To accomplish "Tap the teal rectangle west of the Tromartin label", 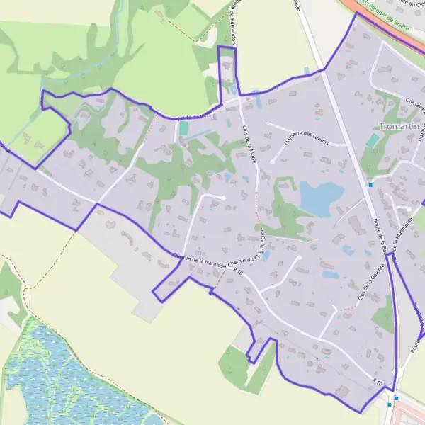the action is [373, 140].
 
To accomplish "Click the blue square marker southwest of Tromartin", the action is [370, 185].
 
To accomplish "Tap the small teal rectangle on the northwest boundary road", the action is [184, 128].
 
